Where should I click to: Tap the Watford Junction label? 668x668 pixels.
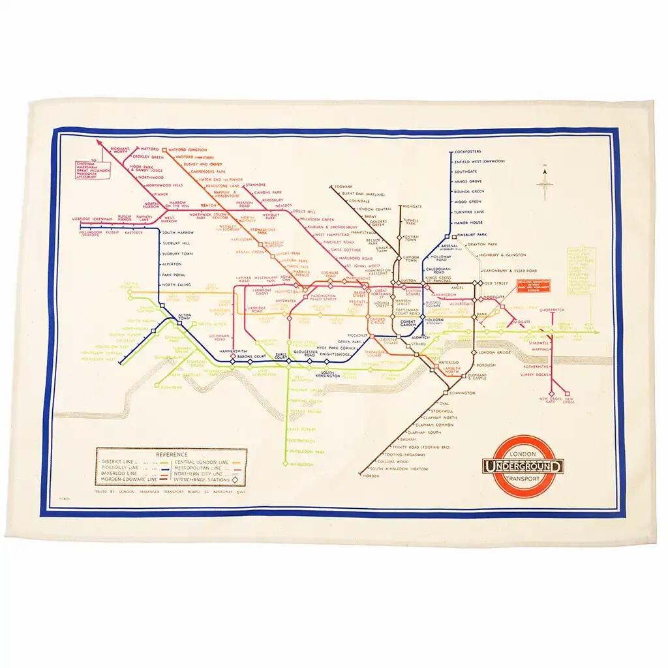(187, 149)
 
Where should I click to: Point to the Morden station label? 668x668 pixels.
(370, 475)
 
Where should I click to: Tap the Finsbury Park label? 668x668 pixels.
(473, 234)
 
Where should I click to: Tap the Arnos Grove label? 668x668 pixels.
(468, 181)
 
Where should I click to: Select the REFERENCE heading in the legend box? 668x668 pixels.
(172, 454)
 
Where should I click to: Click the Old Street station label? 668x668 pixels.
(500, 282)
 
